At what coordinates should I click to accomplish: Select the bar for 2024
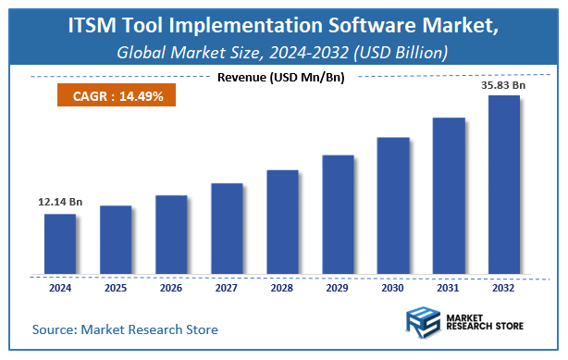(60, 244)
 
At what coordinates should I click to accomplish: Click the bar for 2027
(227, 229)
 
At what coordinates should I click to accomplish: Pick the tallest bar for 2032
(504, 184)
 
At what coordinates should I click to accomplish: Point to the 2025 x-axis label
(116, 287)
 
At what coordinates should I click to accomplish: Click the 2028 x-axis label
(282, 287)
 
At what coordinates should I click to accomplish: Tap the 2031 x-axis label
(449, 287)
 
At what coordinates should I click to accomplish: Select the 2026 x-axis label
(171, 287)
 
